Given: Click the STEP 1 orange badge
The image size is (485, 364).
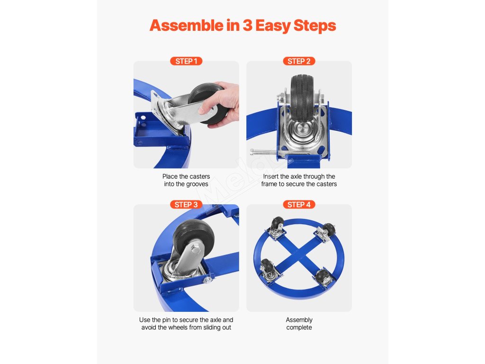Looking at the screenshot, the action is (x=186, y=61).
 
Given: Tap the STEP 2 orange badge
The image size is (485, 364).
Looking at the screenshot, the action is (x=299, y=61).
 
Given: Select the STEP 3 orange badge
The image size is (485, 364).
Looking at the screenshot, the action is (x=186, y=205).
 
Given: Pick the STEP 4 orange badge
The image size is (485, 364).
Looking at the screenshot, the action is (x=299, y=205).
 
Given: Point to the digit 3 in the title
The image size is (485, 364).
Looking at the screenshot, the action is (x=247, y=26).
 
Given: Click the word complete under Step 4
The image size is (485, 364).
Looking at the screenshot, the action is (x=299, y=328).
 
